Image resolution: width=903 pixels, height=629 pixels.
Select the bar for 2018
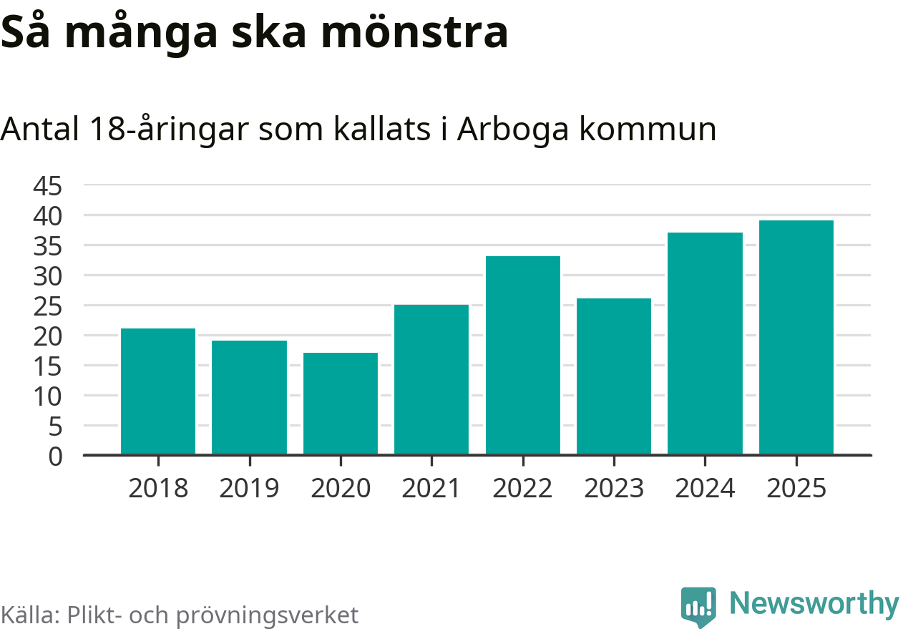click(157, 391)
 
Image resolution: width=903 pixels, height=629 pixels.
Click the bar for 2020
click(340, 403)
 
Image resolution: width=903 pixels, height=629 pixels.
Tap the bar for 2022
click(522, 355)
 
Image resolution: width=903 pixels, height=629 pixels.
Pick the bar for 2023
click(613, 376)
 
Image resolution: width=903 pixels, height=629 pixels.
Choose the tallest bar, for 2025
click(796, 337)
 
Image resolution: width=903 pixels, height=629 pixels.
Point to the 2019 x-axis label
click(249, 489)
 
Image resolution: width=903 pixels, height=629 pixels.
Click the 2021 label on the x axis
click(431, 489)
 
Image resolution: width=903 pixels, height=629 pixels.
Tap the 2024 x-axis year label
click(705, 489)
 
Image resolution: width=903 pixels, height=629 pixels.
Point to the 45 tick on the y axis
click(48, 186)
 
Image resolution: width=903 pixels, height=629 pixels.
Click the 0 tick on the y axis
click(56, 456)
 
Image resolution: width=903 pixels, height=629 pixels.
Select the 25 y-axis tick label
click(48, 306)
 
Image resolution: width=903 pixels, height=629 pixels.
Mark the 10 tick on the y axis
click(48, 396)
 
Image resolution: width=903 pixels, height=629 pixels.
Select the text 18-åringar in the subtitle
click(171, 130)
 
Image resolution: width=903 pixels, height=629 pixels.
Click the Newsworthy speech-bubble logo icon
click(698, 607)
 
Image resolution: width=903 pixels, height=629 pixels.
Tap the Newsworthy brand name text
click(814, 604)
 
